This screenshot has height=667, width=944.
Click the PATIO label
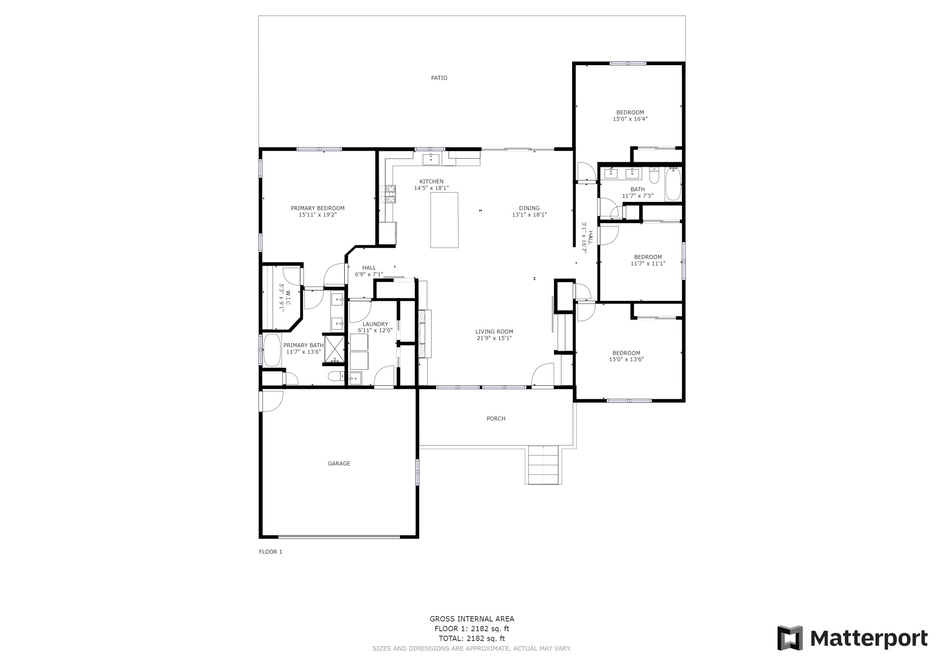click(439, 78)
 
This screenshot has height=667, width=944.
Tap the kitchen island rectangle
click(444, 220)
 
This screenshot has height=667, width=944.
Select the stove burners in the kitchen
click(387, 194)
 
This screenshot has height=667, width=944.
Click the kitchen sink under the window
click(430, 159)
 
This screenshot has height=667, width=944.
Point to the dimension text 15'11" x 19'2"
click(317, 214)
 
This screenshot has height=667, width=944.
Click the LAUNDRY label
click(375, 324)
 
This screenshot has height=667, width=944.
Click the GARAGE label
click(339, 464)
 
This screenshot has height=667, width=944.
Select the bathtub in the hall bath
click(673, 184)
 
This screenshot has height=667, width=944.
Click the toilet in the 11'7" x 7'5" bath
click(654, 175)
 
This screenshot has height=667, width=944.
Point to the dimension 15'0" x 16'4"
click(630, 119)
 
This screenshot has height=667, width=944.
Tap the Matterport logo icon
click(789, 638)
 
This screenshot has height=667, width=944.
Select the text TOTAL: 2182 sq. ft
click(472, 638)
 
